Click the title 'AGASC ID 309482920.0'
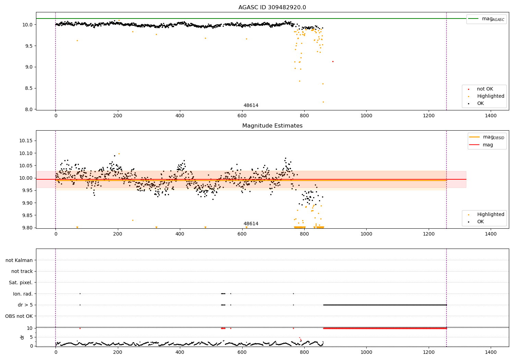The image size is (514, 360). coord(272,8)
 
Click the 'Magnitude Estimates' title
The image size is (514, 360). coord(272,126)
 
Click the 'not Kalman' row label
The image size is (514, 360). coord(19,260)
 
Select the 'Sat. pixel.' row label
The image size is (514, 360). coord(21,283)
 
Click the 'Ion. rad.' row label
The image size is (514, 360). coord(23,294)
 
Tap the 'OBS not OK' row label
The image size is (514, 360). coord(19,316)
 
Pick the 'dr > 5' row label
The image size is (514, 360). coord(25,305)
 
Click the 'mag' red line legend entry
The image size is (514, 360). coord(488,145)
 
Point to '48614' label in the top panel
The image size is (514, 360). coord(251,106)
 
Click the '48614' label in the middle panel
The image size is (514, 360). coord(251,224)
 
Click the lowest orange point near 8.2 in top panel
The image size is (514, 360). coord(323,102)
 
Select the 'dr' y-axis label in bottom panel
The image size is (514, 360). coord(22,337)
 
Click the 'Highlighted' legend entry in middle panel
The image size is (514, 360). coord(490,215)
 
